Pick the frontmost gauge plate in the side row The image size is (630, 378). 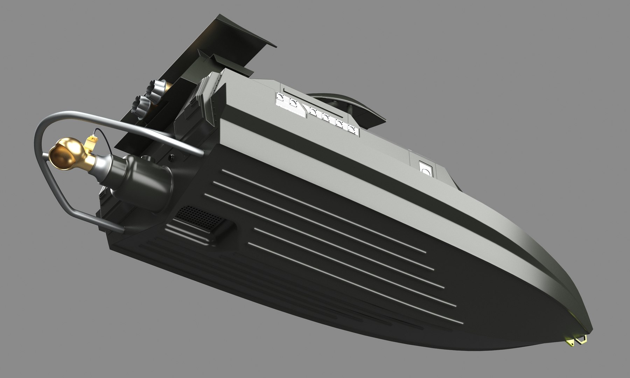click(x=353, y=129)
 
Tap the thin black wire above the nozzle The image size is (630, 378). click(x=101, y=132)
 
